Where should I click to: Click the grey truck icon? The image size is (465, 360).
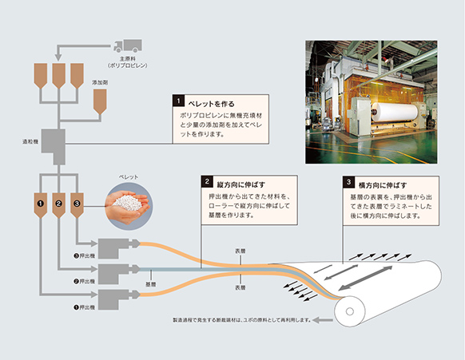tap(128, 46)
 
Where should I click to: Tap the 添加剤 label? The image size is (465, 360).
tap(100, 83)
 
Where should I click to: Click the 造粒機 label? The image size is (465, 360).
tap(30, 141)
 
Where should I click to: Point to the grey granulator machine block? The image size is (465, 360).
tap(54, 147)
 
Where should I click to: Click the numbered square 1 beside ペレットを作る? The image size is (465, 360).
tap(178, 101)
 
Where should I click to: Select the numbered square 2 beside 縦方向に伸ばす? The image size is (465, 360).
tap(207, 182)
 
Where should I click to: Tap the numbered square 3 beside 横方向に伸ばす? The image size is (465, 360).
tap(348, 182)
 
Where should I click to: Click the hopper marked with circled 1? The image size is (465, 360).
tap(41, 205)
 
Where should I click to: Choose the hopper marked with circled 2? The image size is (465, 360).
tap(58, 205)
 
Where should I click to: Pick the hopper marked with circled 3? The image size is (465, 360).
tap(77, 205)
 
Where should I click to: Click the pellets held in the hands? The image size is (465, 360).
tap(128, 203)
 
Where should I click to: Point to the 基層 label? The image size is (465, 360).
tap(151, 284)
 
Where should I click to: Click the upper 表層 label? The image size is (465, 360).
tap(240, 251)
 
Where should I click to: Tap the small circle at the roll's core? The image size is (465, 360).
tap(350, 311)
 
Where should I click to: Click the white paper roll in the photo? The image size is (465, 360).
tap(395, 112)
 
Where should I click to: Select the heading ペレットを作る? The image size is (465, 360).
tap(211, 104)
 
